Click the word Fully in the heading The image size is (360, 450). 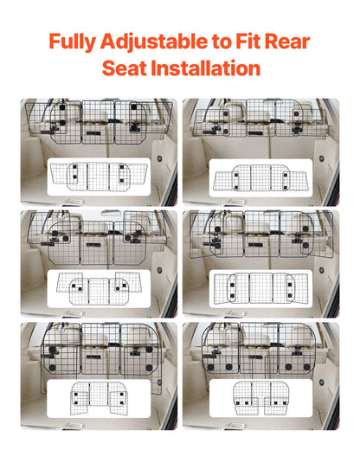point(72,41)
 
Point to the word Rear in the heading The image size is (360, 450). point(290,41)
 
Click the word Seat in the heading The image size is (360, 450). point(126,68)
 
